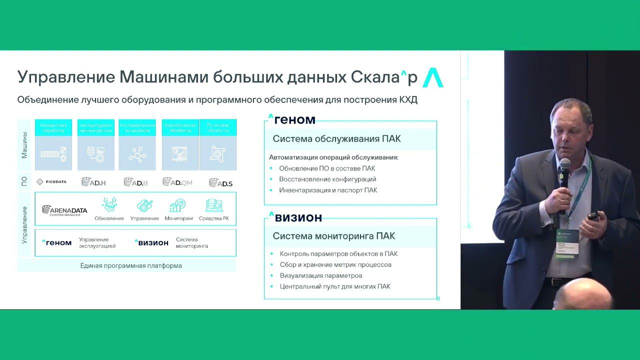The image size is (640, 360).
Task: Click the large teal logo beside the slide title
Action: [x=433, y=77]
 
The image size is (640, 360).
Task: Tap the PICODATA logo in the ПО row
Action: [x=51, y=182]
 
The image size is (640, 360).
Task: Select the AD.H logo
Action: [x=93, y=182]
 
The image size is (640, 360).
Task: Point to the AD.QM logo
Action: [x=177, y=182]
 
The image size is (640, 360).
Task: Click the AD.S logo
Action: [x=220, y=182]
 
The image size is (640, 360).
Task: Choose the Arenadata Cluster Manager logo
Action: [x=64, y=210]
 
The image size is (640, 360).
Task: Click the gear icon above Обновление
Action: [x=109, y=205]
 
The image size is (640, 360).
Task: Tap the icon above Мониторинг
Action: [x=177, y=205]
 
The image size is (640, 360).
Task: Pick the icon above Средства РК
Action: [x=214, y=205]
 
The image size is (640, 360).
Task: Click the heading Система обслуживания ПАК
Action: [x=336, y=138]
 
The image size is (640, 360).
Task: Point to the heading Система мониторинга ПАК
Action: [x=334, y=236]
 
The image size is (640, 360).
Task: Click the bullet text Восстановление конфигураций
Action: [x=327, y=179]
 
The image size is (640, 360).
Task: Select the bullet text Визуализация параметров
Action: [x=321, y=275]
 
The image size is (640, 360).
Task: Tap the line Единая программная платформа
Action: [x=131, y=265]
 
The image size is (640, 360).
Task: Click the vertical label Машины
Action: [x=24, y=145]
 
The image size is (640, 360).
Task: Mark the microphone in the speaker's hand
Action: [x=564, y=172]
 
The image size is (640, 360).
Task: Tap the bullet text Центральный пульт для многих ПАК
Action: [x=335, y=286]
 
